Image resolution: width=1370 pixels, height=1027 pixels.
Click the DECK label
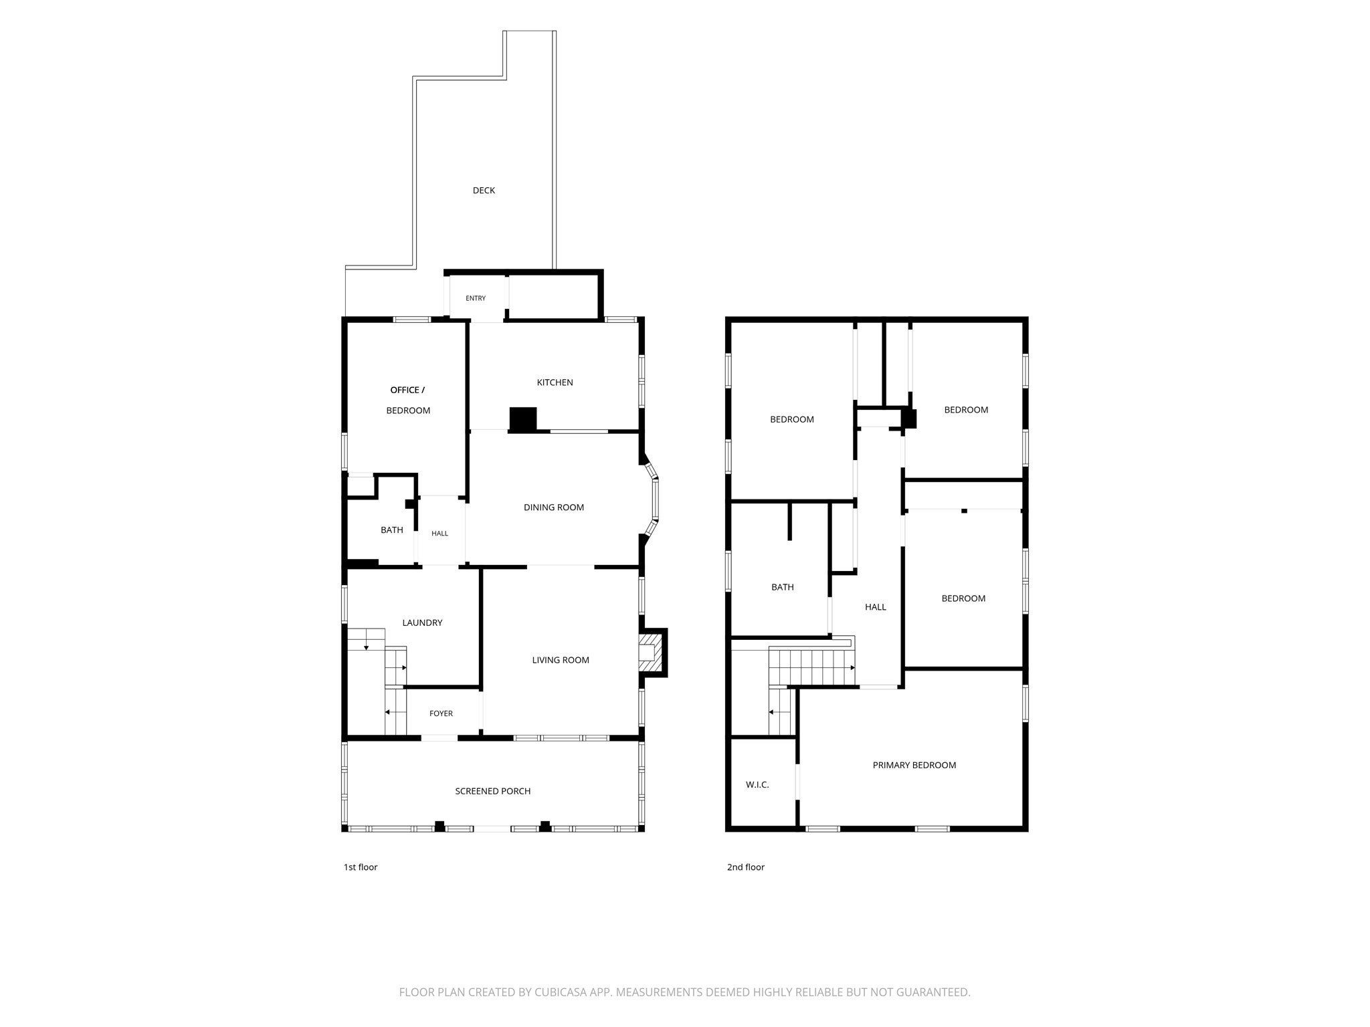coord(484,191)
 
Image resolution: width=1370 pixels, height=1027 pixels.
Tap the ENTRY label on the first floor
coord(476,298)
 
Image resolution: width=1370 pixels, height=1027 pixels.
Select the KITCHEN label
coord(555,382)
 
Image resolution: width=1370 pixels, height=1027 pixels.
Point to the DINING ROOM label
coord(554,507)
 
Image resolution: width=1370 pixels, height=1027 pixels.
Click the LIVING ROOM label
coord(561,660)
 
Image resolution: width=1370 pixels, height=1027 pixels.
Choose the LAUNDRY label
coord(422,622)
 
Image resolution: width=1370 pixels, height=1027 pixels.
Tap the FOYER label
coord(441,713)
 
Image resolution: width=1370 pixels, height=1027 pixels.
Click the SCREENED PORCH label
coord(493,791)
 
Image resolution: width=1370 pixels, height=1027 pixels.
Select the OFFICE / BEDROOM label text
coord(408,400)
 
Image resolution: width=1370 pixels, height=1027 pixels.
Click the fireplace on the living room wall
coord(652,652)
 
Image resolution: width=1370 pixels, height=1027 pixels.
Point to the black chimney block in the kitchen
coord(523,419)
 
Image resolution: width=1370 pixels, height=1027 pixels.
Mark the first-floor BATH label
coord(392,530)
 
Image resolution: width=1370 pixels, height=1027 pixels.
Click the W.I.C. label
coord(757,784)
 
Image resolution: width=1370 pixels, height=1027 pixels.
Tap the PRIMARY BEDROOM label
coord(914,765)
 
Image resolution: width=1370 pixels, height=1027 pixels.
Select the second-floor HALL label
coord(876,607)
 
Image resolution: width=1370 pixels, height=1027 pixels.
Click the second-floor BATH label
coord(783,587)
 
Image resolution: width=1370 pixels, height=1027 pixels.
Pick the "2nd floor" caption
coord(746,867)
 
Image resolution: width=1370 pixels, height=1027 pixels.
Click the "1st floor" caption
coord(361,867)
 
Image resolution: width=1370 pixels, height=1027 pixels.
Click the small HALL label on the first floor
coord(439,534)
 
